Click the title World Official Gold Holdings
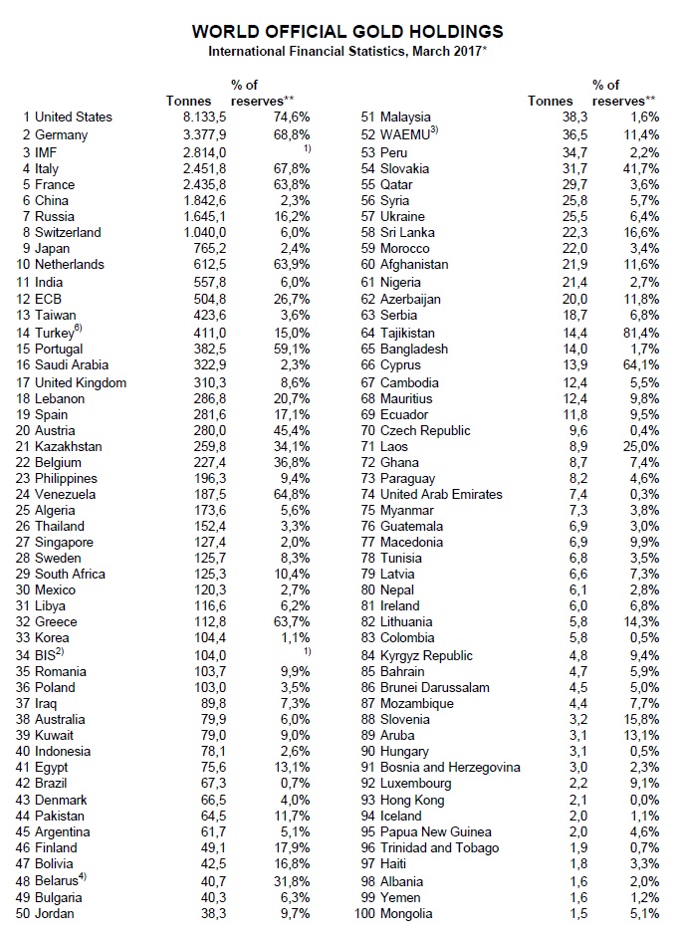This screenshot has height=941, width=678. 347,32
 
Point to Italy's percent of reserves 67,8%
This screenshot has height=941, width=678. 290,167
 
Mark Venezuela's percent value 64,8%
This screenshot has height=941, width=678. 290,493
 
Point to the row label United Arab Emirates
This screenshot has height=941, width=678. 441,494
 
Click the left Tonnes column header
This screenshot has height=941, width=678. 188,101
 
